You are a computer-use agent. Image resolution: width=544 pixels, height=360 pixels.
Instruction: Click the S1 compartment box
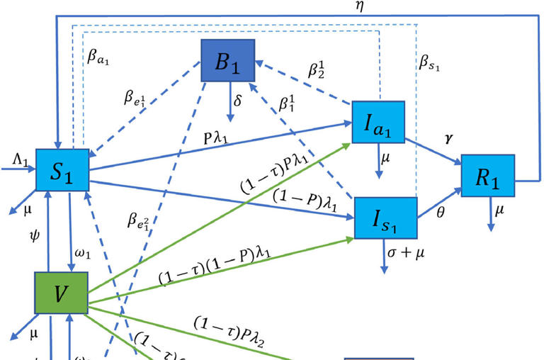(x=62, y=170)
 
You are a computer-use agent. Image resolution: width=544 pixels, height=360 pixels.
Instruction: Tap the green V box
(x=61, y=291)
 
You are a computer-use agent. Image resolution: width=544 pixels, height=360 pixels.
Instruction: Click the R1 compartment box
(x=487, y=174)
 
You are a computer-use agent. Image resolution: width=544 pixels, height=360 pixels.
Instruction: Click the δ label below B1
(x=238, y=101)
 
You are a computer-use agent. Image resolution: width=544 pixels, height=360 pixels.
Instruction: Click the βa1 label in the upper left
(x=98, y=59)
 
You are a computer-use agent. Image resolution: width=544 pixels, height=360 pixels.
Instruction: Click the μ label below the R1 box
(x=500, y=211)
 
